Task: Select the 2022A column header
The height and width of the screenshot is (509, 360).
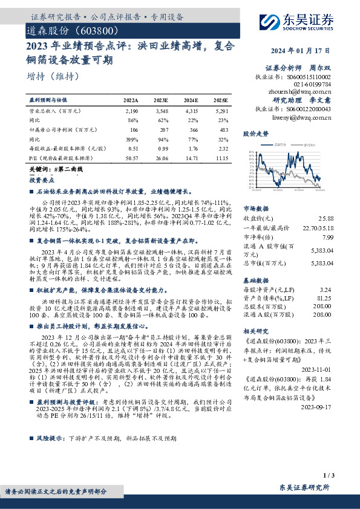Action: (131, 99)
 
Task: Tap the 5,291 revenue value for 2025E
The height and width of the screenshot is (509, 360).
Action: (221, 112)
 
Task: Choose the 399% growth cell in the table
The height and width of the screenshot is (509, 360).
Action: (133, 138)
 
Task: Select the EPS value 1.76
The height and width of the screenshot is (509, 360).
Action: (192, 148)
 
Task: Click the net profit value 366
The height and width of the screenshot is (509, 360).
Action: (193, 129)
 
